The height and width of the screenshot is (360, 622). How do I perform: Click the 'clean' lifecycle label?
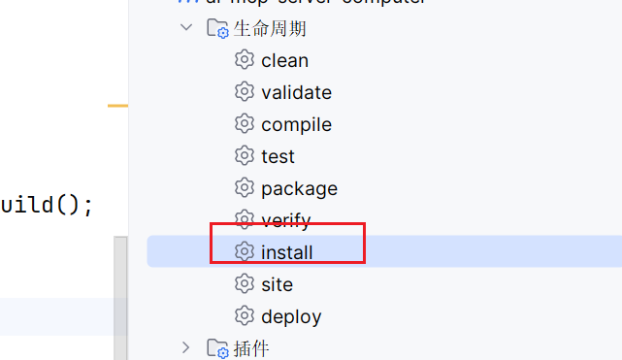click(284, 60)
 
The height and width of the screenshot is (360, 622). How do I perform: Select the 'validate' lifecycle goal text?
click(296, 92)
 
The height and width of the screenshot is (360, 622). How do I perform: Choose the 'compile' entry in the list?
click(296, 124)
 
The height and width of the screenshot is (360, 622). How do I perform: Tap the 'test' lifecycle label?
click(278, 156)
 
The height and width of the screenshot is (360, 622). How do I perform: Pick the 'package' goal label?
click(299, 188)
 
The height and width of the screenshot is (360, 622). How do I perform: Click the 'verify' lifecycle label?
click(285, 220)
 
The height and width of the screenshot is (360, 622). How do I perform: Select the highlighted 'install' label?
click(286, 252)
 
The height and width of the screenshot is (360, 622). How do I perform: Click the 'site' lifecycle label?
click(277, 284)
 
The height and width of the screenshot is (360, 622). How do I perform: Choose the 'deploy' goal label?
click(291, 316)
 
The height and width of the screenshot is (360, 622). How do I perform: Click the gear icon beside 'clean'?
click(245, 60)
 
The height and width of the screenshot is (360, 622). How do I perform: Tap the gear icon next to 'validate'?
click(245, 92)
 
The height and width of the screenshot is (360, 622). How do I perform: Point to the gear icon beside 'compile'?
click(245, 124)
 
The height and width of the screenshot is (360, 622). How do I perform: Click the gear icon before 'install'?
click(245, 252)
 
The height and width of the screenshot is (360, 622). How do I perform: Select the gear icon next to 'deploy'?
click(245, 316)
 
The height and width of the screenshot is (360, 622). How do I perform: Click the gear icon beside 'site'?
click(245, 284)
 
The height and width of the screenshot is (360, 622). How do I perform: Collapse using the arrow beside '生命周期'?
click(186, 28)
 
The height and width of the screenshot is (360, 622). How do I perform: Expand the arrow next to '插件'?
click(186, 347)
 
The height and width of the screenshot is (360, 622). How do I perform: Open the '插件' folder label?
click(251, 347)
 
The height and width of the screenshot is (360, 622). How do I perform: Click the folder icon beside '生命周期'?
click(217, 28)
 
